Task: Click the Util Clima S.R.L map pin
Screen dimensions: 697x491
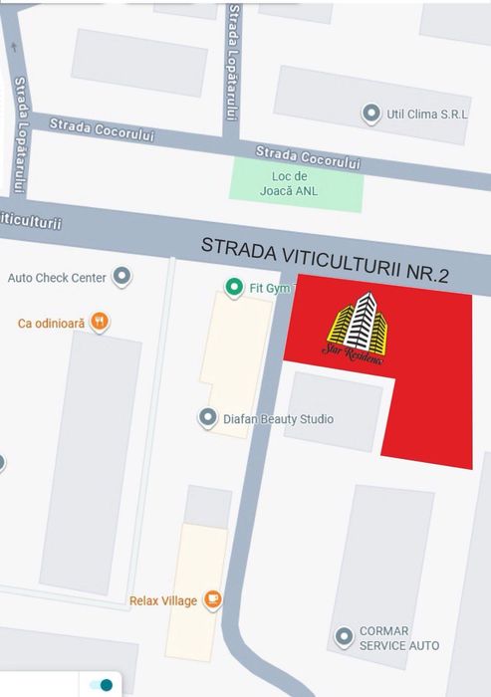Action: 372,114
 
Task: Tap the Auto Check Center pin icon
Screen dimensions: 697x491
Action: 123,277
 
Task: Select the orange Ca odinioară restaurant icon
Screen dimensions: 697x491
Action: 99,322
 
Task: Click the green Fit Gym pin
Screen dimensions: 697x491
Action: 234,289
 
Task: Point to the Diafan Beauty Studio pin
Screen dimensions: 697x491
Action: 207,418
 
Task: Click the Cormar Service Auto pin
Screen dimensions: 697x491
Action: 345,635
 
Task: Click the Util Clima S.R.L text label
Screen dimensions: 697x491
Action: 426,115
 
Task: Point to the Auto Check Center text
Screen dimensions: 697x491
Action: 57,278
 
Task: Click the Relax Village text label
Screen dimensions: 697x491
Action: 162,600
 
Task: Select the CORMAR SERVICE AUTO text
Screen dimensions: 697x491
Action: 399,638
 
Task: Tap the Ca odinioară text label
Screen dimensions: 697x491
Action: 52,323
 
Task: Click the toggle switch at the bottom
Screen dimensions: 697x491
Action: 101,685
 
